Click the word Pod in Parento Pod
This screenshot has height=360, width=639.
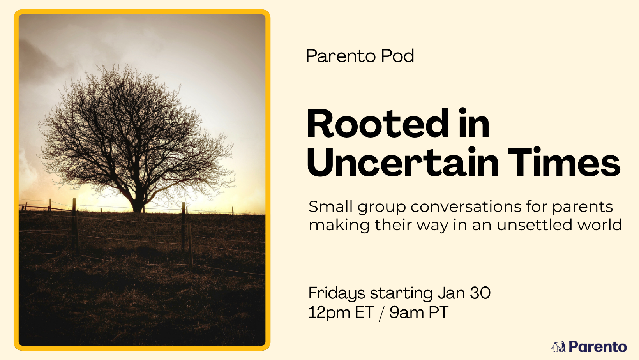[x=397, y=56]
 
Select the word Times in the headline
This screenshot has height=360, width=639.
[x=564, y=162]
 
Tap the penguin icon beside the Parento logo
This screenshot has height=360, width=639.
[x=558, y=347]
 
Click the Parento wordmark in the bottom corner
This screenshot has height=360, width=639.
[x=598, y=347]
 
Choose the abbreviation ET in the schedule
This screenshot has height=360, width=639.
[x=364, y=312]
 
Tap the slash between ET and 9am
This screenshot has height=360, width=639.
[x=381, y=313]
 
